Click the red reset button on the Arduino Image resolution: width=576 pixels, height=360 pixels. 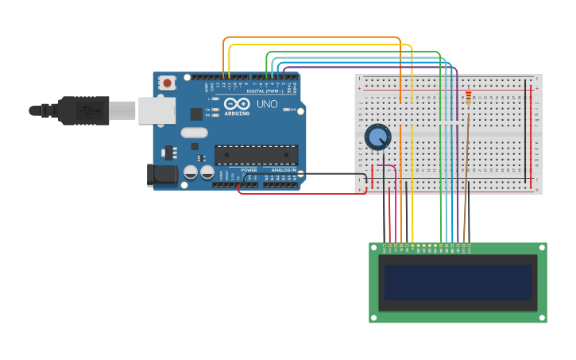167,83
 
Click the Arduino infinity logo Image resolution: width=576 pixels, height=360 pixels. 237,104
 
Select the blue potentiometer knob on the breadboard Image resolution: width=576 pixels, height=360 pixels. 377,137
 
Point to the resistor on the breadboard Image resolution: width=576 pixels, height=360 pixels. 469,98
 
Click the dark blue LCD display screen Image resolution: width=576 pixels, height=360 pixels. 457,282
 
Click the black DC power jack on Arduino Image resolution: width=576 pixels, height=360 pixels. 162,176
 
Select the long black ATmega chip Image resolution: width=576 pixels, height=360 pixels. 256,155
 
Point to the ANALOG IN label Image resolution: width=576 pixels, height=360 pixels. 284,170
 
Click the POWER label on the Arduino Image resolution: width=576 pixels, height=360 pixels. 249,170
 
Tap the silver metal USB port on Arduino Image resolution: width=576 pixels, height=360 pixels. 157,110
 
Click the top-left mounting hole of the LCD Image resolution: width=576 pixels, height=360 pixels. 373,247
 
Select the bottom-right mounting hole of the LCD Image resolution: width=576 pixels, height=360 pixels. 543,319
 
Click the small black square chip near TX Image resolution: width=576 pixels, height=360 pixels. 195,114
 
